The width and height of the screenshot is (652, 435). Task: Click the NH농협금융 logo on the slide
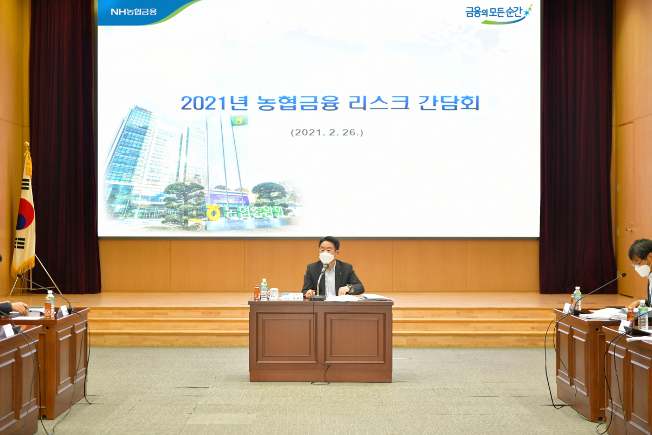click(x=133, y=11)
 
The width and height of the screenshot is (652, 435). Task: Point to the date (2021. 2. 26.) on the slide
click(x=327, y=132)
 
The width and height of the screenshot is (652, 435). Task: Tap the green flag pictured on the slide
click(x=239, y=120)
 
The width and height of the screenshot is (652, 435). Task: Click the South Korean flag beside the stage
click(x=24, y=217)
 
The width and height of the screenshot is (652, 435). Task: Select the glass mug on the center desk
click(x=273, y=294)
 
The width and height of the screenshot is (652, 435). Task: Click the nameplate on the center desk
click(x=292, y=296)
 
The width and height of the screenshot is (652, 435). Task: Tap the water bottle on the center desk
click(x=264, y=289)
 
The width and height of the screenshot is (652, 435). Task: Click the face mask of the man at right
click(x=642, y=270)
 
